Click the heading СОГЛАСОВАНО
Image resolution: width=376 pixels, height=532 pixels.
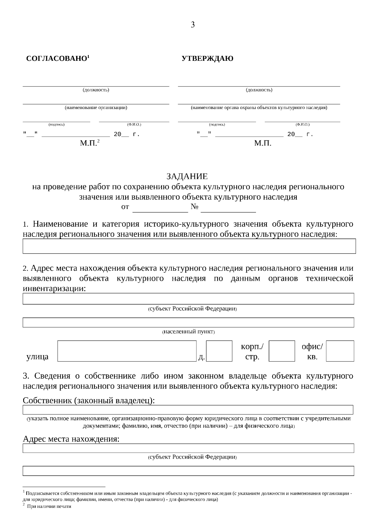[57, 59]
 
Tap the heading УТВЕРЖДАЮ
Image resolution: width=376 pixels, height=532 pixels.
[207, 59]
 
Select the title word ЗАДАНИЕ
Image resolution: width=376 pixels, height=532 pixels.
[187, 176]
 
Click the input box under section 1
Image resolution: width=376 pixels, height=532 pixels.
[189, 246]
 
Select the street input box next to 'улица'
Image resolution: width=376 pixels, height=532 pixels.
[127, 351]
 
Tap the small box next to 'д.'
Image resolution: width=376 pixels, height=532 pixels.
[219, 351]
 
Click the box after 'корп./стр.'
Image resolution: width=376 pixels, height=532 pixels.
[282, 351]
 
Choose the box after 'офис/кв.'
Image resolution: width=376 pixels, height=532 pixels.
[340, 351]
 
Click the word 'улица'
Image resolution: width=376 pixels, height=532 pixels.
[37, 357]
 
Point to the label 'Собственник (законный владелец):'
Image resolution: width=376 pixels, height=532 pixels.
[89, 400]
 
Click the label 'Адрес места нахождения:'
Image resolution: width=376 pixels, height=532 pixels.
[71, 439]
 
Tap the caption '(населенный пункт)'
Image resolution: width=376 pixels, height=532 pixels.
[188, 332]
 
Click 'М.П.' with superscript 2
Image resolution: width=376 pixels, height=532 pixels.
[89, 143]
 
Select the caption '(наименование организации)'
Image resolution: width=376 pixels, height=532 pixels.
[96, 108]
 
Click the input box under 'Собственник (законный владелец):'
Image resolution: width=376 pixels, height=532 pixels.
[188, 410]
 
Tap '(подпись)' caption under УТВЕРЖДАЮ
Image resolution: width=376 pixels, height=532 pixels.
[217, 125]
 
